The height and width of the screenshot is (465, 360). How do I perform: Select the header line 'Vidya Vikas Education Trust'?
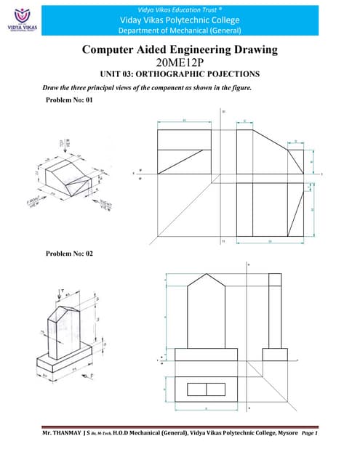point(179,6)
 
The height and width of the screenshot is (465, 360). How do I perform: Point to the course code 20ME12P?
point(180,63)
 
